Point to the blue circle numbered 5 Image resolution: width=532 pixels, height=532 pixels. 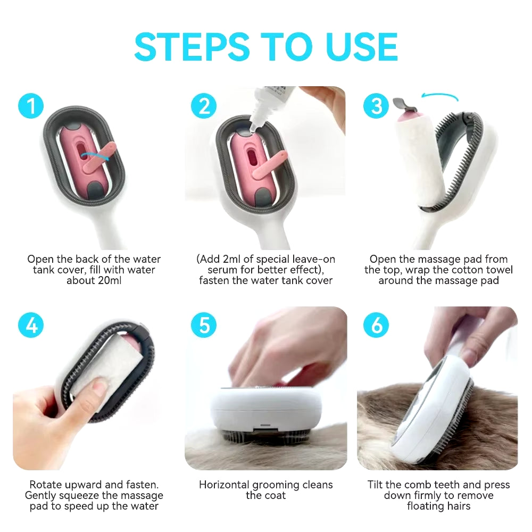(x=204, y=325)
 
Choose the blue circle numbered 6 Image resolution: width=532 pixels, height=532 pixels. (x=376, y=325)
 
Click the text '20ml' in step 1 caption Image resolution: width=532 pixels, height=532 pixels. (x=108, y=280)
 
